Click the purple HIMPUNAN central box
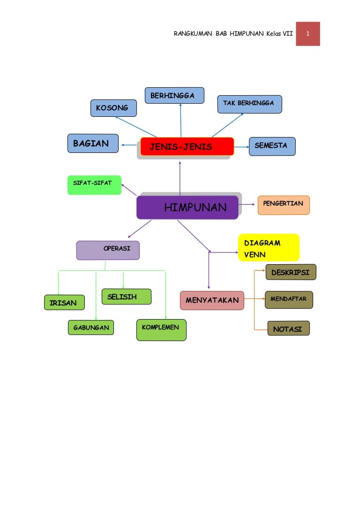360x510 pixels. click(x=187, y=207)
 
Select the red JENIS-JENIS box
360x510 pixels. click(x=187, y=146)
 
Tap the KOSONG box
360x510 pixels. click(x=113, y=108)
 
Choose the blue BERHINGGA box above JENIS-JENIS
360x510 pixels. click(x=174, y=95)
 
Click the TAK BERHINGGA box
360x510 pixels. click(x=249, y=104)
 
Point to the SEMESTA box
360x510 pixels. click(x=272, y=146)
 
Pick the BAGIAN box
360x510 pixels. click(x=93, y=143)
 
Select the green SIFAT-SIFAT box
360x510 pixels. click(x=94, y=185)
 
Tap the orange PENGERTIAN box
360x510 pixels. click(x=284, y=205)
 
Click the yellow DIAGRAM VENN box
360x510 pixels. click(x=269, y=248)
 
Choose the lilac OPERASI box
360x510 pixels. click(x=108, y=250)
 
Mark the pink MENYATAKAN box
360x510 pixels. click(x=212, y=300)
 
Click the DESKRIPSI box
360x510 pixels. click(x=291, y=272)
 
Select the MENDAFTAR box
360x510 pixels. click(x=289, y=299)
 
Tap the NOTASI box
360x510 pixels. click(x=289, y=328)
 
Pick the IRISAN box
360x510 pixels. click(x=64, y=302)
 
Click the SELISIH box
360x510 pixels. click(x=127, y=297)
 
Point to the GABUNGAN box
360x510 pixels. click(x=91, y=327)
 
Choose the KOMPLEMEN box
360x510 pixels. click(x=161, y=330)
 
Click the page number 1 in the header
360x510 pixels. click(x=307, y=33)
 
